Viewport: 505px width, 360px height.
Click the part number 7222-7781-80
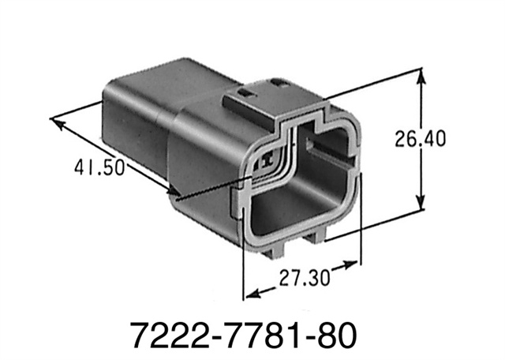252,332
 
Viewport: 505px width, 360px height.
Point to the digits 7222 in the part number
165,332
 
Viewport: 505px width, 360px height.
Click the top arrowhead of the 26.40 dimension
423,77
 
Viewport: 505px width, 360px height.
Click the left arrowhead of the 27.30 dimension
251,294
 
